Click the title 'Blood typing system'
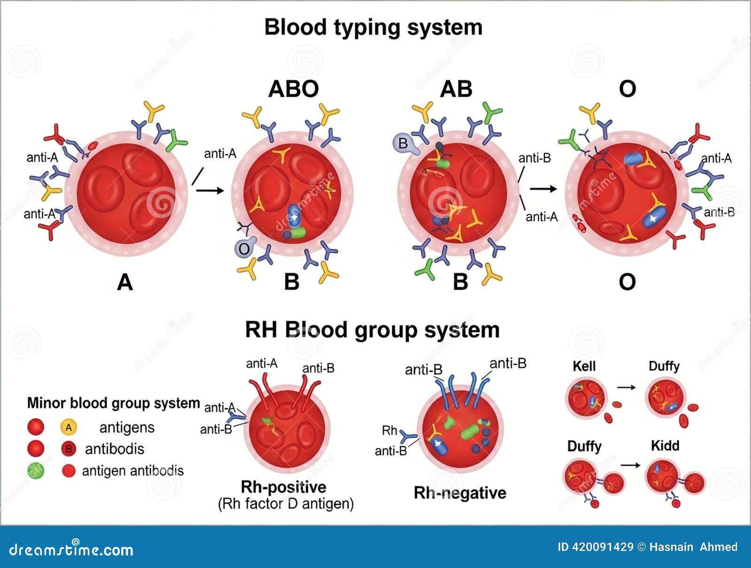(373, 27)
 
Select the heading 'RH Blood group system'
(372, 330)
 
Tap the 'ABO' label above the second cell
(293, 89)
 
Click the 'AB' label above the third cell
(456, 89)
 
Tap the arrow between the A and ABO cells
(210, 190)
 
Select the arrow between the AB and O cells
(543, 189)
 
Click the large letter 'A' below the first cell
(125, 282)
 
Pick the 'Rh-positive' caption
(283, 487)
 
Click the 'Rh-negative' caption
(460, 493)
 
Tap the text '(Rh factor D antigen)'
(285, 504)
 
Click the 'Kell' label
(584, 366)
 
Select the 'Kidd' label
(665, 445)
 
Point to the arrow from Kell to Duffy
(626, 387)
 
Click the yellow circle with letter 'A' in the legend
(69, 427)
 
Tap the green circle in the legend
(36, 470)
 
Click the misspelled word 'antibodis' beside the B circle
(115, 449)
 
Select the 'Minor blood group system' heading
(113, 403)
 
